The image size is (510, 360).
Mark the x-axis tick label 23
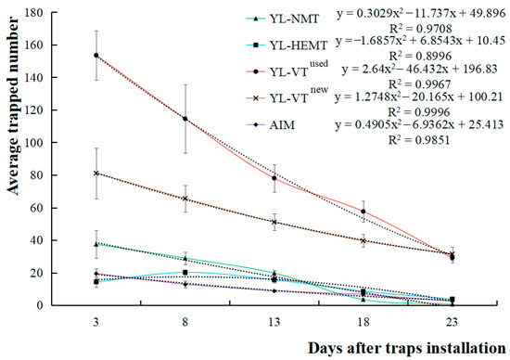click(452, 320)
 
